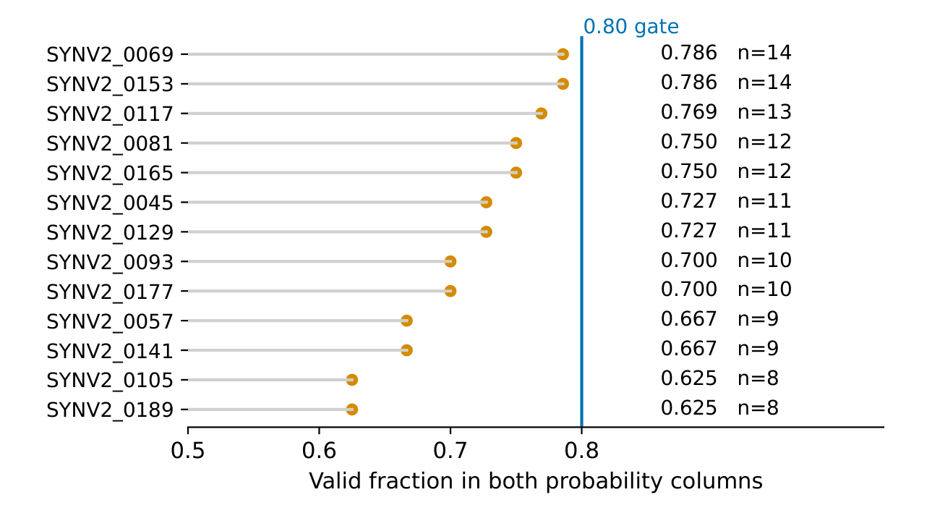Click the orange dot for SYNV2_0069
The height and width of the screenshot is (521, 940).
[563, 54]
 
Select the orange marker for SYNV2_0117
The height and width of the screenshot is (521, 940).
[541, 114]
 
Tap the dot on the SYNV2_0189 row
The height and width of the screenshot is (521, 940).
[351, 410]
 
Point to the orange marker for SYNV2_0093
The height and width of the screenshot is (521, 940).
[450, 261]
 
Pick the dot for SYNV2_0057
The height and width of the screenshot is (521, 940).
[406, 321]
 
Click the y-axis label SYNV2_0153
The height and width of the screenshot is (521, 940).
[110, 85]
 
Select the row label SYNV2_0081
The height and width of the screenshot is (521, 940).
[110, 143]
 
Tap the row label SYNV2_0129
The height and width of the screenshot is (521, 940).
[110, 232]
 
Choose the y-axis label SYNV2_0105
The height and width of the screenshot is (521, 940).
[110, 381]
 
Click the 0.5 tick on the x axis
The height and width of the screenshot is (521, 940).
[187, 451]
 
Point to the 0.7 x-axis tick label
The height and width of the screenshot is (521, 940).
[450, 451]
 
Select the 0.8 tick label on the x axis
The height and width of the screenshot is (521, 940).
[581, 451]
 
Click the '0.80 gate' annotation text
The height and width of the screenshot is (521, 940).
[631, 27]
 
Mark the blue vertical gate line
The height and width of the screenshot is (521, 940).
[581, 232]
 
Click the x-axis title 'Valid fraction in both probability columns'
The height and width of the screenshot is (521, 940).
[536, 481]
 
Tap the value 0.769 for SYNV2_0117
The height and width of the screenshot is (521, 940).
[688, 112]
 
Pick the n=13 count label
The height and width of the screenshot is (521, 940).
[764, 112]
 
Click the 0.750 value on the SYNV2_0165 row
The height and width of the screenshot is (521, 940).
[688, 171]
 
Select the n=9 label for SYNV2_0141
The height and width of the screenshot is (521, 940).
[758, 349]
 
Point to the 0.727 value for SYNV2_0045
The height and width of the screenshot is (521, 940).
[688, 200]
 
